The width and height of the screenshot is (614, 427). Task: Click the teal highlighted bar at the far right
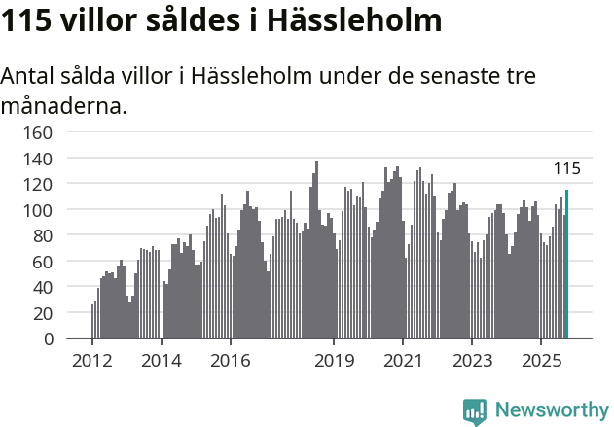[x=566, y=265]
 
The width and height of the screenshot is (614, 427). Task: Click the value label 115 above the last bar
[x=566, y=169]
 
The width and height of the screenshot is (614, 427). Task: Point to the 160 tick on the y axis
[x=39, y=131]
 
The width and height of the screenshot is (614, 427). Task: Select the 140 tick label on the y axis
[x=39, y=158]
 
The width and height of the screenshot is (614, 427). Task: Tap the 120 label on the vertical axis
[x=39, y=184]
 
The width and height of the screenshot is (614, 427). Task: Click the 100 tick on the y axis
[x=39, y=210]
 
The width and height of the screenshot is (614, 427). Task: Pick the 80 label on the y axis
[x=44, y=235]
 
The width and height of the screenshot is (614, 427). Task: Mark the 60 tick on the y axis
[x=44, y=262]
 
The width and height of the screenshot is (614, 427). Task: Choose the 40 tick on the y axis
[x=44, y=288]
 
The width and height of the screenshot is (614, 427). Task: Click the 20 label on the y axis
[x=44, y=313]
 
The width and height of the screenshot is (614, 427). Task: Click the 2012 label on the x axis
[x=92, y=361]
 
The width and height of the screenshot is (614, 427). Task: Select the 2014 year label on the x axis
[x=162, y=361]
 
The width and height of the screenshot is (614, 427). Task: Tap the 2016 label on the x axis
[x=230, y=361]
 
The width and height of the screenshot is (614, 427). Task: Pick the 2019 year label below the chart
[x=334, y=361]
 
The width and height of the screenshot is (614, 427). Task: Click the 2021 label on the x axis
[x=403, y=361]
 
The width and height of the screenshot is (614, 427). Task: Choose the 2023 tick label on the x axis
[x=472, y=361]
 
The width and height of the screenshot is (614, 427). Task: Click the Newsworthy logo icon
[x=475, y=411]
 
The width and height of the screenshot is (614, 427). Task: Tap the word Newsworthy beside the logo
[x=552, y=410]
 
